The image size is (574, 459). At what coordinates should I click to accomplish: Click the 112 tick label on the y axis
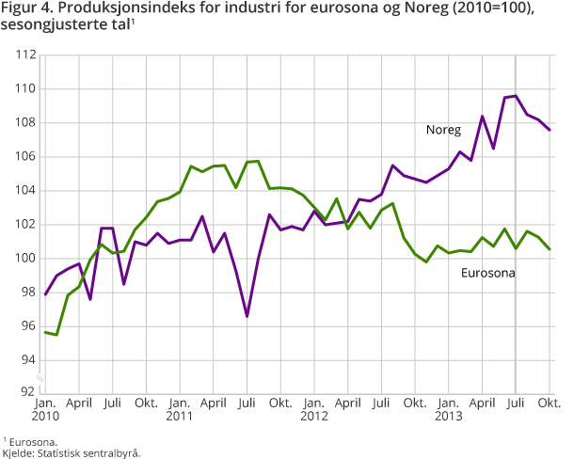tap(24, 55)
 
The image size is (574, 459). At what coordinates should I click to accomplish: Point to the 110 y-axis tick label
tap(24, 88)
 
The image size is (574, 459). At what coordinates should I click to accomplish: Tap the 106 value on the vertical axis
tap(24, 156)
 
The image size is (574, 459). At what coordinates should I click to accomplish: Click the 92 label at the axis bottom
tap(26, 394)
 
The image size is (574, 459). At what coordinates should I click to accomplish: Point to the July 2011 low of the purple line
tap(247, 316)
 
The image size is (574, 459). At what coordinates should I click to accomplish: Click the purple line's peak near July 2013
tap(516, 96)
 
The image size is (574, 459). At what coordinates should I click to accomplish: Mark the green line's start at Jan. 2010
tap(45, 332)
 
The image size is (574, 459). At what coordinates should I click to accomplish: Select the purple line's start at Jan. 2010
tap(45, 294)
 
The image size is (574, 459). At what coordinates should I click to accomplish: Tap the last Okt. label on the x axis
tap(550, 404)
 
